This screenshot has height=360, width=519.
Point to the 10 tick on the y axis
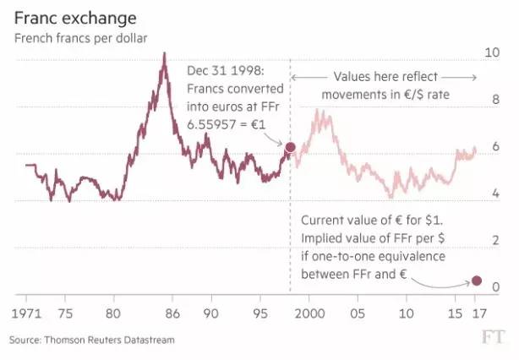click(489, 52)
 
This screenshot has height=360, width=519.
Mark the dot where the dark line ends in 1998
click(290, 148)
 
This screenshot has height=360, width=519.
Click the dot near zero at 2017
click(476, 281)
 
